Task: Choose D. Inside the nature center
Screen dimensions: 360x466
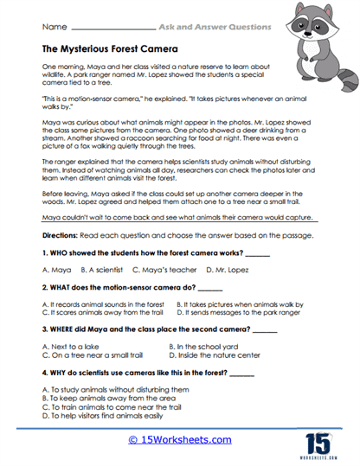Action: (222, 354)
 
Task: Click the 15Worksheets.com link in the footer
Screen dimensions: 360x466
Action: (179, 439)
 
